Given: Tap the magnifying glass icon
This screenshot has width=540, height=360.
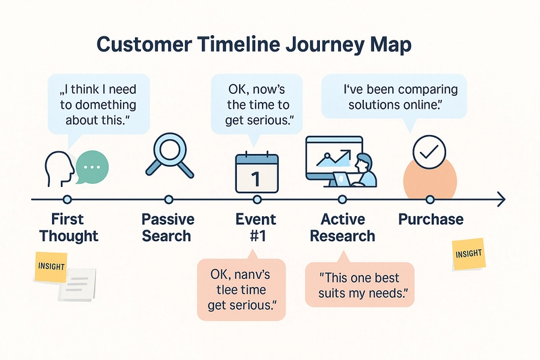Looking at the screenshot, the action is click(169, 155).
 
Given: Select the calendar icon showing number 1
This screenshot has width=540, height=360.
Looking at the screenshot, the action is click(256, 173).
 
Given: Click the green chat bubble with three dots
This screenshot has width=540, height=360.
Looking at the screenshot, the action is click(92, 167).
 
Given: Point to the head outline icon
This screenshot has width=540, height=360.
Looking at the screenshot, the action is click(59, 169).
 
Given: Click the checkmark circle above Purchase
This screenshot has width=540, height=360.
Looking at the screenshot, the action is click(429, 152).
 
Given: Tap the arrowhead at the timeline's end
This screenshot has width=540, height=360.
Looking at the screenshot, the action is click(502, 199).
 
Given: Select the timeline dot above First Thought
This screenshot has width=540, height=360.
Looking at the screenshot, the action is click(67, 199).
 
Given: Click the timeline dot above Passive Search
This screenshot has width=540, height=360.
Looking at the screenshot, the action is click(168, 199).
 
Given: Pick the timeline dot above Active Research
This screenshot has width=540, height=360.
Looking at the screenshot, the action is click(342, 199).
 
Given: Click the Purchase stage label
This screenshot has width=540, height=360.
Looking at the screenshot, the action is click(431, 220).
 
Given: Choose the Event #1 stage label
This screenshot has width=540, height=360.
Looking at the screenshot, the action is click(256, 228).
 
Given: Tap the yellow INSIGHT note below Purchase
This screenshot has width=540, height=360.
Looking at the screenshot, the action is click(468, 254).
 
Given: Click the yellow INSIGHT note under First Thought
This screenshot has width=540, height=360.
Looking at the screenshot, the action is click(51, 267).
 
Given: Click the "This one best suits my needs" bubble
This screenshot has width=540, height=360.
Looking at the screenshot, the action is click(360, 284).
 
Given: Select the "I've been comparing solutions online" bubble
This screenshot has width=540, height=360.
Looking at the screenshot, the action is click(394, 97).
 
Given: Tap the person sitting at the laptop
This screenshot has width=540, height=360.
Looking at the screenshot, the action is click(364, 170).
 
